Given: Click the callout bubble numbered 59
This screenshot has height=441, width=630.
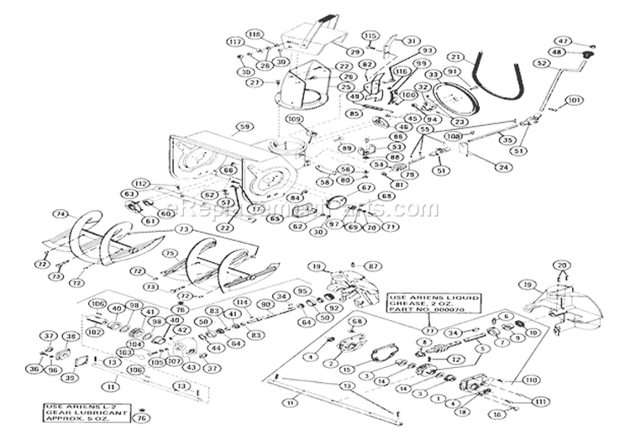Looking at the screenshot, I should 244,127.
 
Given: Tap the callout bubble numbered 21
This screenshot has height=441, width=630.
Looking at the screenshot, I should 454,57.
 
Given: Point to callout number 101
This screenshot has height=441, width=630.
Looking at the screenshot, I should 574,101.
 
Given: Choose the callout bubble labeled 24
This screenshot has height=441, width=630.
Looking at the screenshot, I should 501,167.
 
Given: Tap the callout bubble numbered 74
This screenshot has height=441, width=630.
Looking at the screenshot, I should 60,214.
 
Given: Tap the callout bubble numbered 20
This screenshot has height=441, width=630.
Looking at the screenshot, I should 563,265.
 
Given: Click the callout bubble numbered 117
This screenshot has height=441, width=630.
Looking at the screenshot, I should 236,42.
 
